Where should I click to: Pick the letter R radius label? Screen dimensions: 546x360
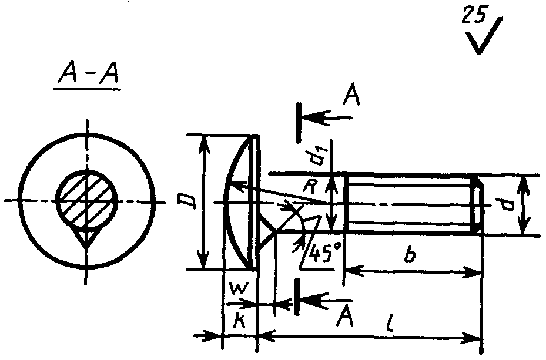click(309, 187)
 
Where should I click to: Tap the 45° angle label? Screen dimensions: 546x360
click(324, 254)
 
